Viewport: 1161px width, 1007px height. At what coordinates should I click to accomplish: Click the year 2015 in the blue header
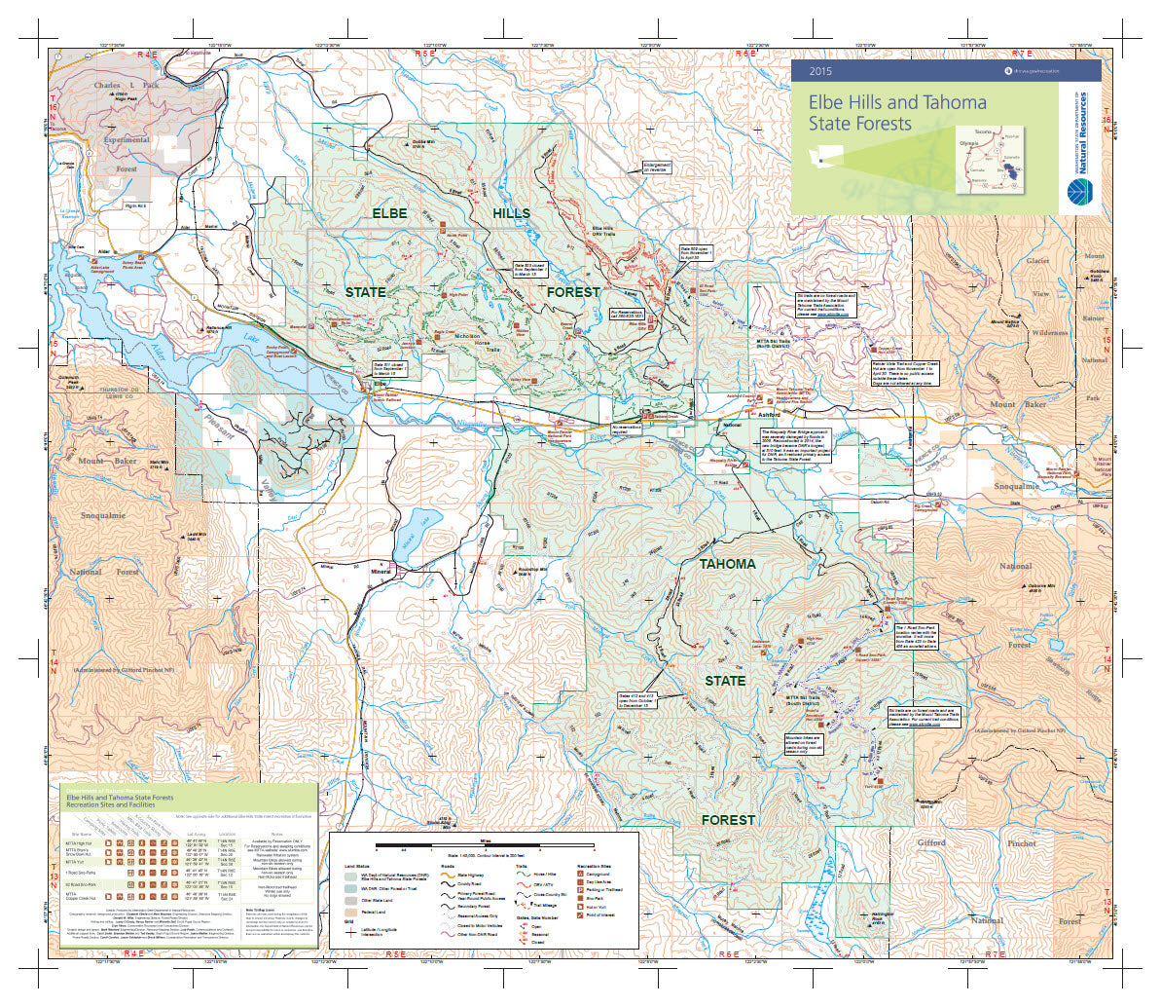coord(820,71)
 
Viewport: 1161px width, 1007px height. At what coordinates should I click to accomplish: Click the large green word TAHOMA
coord(727,564)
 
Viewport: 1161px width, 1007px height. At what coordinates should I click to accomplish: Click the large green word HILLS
coord(511,212)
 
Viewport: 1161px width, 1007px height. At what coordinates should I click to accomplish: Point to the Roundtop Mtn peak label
coord(533,568)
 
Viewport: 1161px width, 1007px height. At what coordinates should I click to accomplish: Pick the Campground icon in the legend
coord(580,876)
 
